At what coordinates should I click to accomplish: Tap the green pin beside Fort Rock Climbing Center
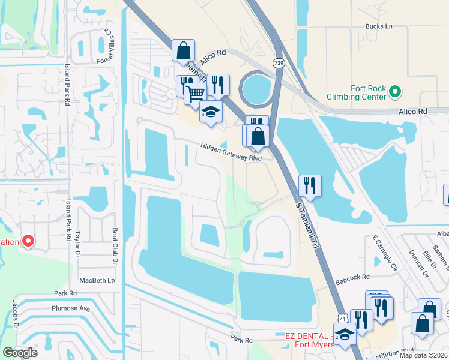click(x=394, y=92)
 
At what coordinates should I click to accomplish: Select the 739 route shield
click(x=278, y=63)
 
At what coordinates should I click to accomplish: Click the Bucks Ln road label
click(x=378, y=26)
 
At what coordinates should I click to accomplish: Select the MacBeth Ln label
click(x=97, y=280)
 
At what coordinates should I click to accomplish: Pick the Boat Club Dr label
click(x=114, y=247)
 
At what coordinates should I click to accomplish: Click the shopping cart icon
click(x=195, y=93)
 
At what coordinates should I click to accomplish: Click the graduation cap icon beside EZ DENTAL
click(x=345, y=334)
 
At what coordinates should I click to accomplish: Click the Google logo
click(x=20, y=352)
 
